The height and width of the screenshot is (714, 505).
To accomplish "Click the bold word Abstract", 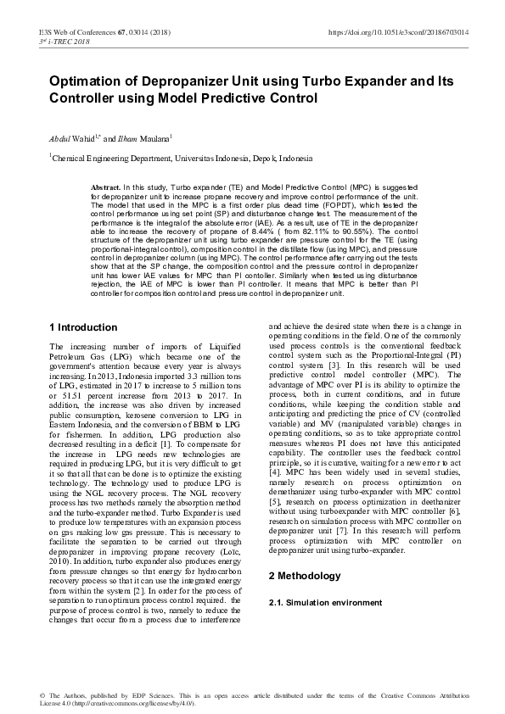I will [105, 186].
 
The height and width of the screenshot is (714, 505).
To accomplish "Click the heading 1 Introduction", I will [83, 304].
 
